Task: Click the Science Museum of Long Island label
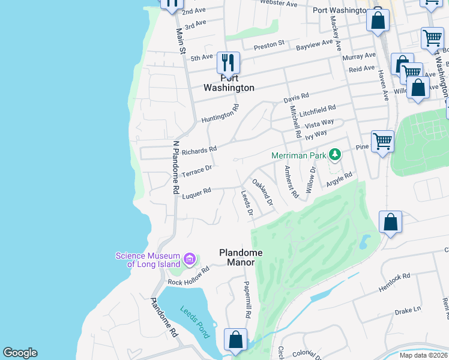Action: tap(148, 260)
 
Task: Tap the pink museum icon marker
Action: tap(190, 259)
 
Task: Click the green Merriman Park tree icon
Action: tap(334, 155)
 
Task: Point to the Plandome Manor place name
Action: tap(237, 257)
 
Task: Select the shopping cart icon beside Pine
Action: tap(382, 142)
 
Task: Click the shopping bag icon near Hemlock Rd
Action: tap(391, 222)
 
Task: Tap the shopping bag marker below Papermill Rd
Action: tap(235, 339)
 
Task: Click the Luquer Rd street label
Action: tap(196, 192)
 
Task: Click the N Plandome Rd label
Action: tap(176, 167)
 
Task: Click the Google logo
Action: tap(20, 353)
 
